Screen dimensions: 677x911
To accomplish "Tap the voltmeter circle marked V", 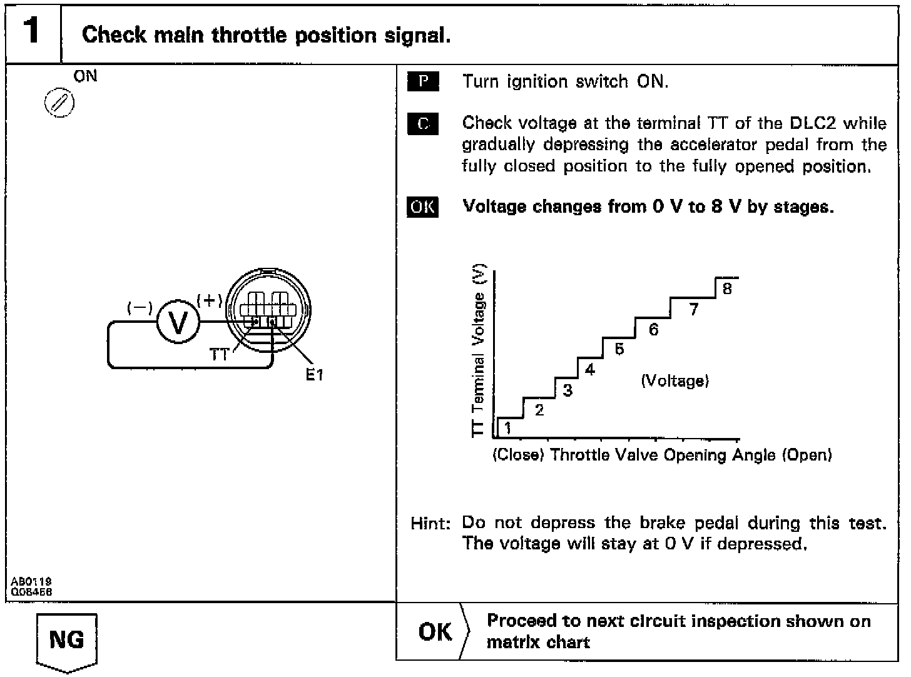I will (x=178, y=323).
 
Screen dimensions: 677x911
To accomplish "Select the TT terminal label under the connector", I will (x=219, y=355).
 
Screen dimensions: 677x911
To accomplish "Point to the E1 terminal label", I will (x=315, y=375).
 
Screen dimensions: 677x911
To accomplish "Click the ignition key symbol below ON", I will (x=59, y=103).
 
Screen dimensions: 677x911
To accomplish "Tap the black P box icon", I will (x=423, y=82).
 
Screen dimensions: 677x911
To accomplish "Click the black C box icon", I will (x=423, y=124).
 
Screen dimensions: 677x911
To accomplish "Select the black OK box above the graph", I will (x=423, y=206).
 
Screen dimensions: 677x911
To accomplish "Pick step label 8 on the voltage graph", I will (x=726, y=288).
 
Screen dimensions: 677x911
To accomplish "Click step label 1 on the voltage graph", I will (x=507, y=428).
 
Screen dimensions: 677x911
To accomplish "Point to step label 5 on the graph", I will (x=619, y=349).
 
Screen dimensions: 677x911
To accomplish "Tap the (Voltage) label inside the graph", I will (x=675, y=380).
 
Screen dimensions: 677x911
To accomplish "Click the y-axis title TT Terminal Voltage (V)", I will (x=479, y=350).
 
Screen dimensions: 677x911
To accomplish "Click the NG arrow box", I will (x=66, y=641).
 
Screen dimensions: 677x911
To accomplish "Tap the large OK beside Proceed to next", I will (x=435, y=632).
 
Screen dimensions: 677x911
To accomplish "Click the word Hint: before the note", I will (x=430, y=523).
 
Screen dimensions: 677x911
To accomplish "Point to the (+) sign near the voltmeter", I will (x=210, y=300).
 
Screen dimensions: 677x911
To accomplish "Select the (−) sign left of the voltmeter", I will (x=140, y=308).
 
